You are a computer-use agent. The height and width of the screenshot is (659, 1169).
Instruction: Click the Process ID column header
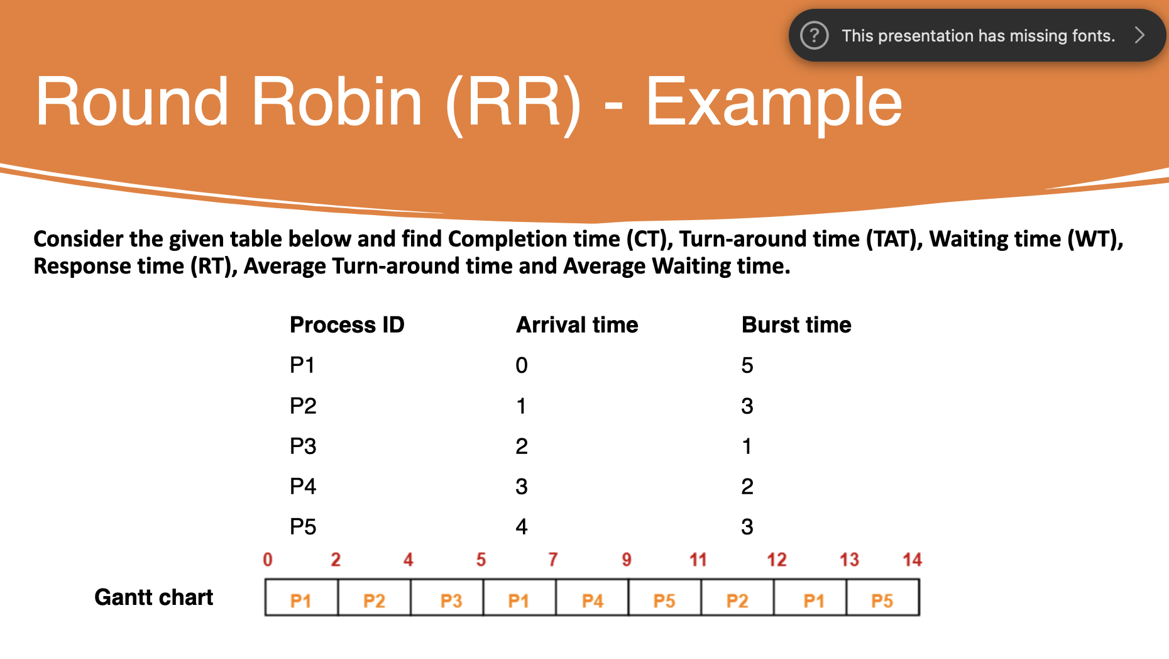(347, 325)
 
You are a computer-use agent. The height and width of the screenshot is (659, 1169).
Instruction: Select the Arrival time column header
(577, 325)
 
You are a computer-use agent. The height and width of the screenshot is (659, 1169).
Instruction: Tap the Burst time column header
(796, 325)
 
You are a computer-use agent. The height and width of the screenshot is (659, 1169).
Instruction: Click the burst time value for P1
(747, 365)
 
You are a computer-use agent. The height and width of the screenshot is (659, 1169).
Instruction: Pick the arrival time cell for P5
(522, 527)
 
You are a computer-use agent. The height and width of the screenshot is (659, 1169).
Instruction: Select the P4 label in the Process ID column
(303, 487)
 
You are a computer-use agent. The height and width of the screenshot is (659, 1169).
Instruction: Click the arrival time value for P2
(522, 406)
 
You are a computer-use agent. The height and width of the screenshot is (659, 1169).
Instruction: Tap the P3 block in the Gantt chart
(451, 601)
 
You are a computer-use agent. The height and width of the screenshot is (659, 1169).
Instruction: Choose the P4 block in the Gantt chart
(592, 601)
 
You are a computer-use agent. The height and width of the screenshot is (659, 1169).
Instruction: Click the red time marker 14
(912, 560)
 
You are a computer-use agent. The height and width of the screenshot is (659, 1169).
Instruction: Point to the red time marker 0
(268, 560)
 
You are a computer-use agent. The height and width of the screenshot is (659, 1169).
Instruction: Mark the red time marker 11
(698, 560)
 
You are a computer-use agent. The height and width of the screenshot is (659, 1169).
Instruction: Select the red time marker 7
(553, 560)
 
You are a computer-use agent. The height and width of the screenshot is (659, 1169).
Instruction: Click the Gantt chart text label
(154, 597)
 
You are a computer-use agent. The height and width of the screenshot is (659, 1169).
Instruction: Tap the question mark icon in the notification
(814, 35)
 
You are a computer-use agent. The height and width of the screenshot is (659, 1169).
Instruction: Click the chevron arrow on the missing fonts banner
(1139, 35)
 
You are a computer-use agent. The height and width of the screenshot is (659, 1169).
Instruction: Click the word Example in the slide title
(774, 102)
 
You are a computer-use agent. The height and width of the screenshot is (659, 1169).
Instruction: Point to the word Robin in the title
(337, 102)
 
